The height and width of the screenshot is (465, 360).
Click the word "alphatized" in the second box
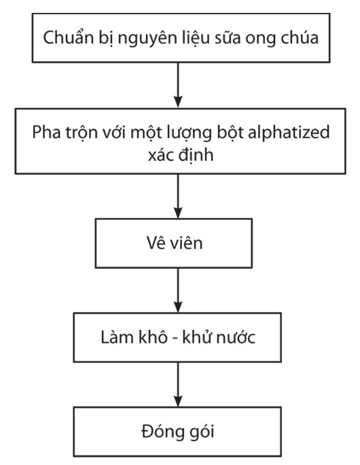pyautogui.click(x=289, y=132)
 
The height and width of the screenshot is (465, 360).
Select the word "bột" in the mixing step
pyautogui.click(x=230, y=132)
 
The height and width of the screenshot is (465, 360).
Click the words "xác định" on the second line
pyautogui.click(x=181, y=155)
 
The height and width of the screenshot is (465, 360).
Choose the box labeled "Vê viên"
pyautogui.click(x=174, y=243)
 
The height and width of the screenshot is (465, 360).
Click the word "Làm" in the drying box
pyautogui.click(x=116, y=337)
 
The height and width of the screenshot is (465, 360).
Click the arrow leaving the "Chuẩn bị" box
pyautogui.click(x=178, y=85)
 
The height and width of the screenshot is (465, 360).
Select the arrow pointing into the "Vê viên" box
pyautogui.click(x=178, y=196)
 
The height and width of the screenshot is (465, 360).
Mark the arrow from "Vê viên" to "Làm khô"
pyautogui.click(x=178, y=291)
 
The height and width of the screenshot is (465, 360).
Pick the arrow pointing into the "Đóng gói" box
pyautogui.click(x=178, y=384)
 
